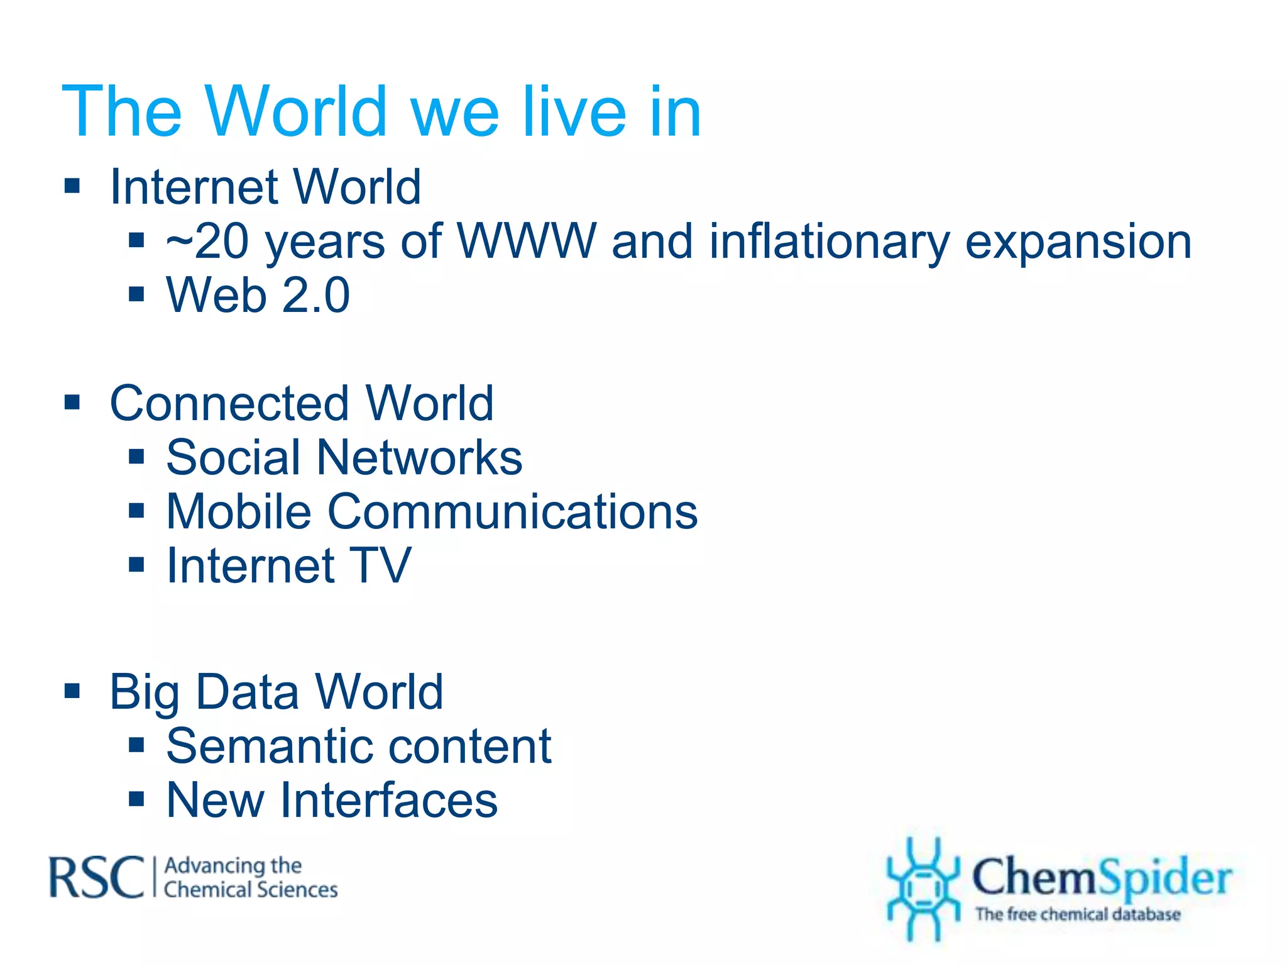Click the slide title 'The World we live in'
pos(381,111)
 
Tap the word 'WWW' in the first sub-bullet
pos(527,241)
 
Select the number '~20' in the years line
pos(208,242)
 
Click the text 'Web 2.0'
pos(258,295)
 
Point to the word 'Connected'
pos(229,403)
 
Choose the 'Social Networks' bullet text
pos(344,457)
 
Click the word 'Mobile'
pos(239,511)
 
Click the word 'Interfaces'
pos(389,801)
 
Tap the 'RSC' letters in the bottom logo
pos(97,877)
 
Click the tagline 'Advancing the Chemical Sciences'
pos(250,878)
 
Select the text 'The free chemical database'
pos(1078,914)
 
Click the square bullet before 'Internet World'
pos(73,186)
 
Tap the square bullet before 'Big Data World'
pos(73,691)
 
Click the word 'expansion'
pos(1078,242)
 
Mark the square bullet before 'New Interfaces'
pos(136,799)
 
